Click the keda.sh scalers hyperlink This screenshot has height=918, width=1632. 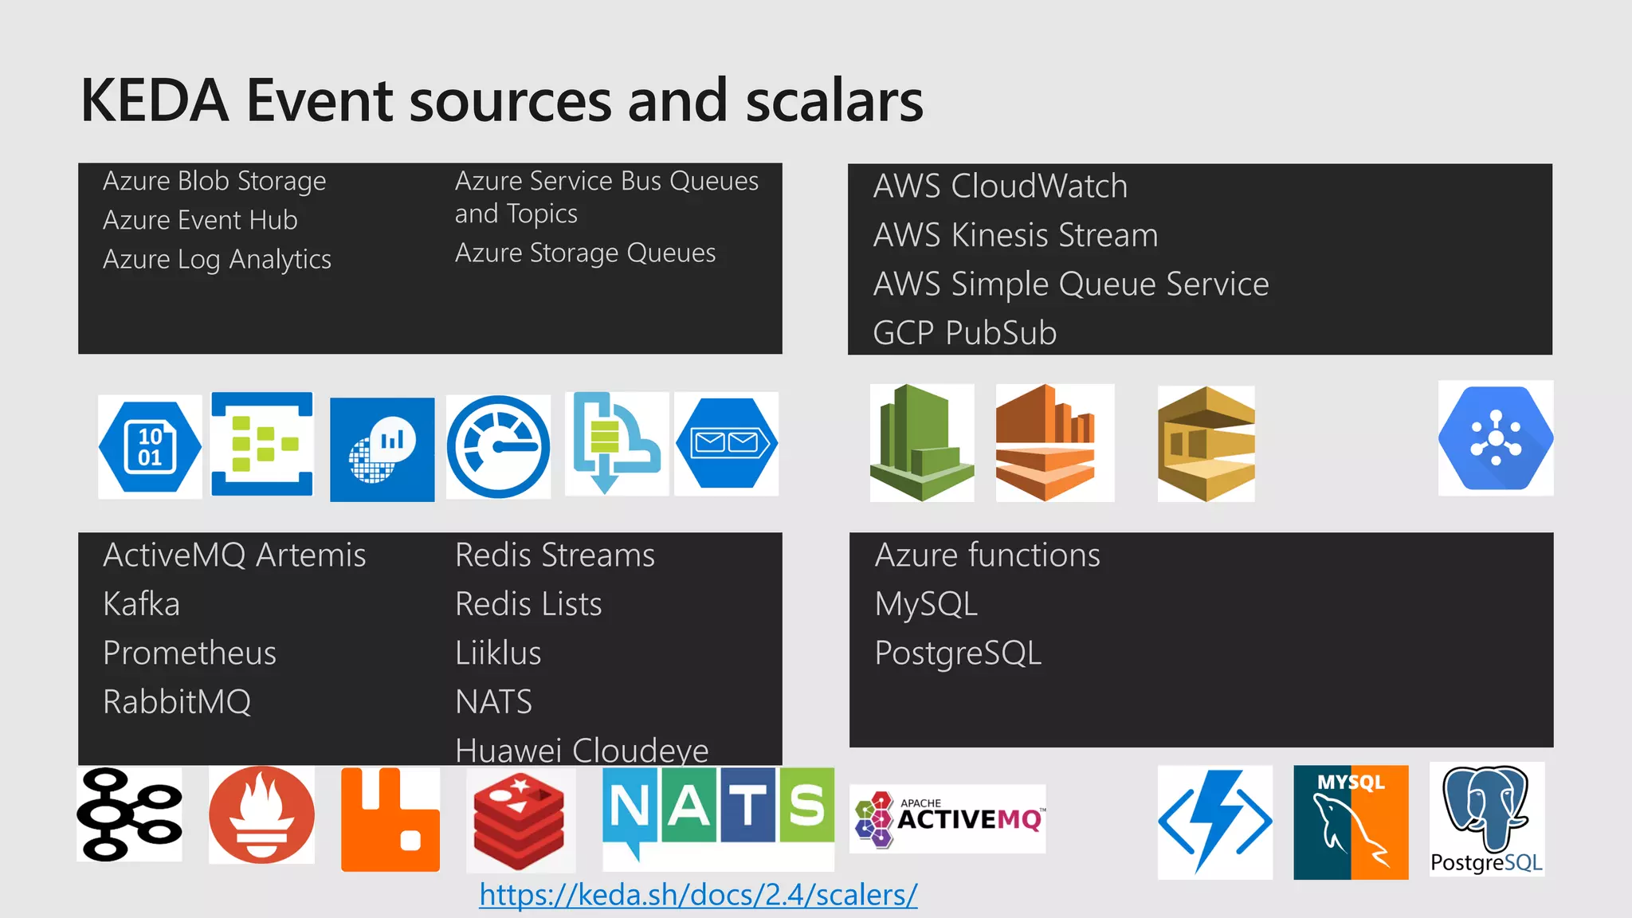[x=698, y=895]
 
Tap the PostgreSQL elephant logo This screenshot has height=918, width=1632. [x=1486, y=819]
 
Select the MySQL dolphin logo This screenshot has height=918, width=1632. [x=1351, y=822]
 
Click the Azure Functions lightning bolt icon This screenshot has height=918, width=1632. [x=1214, y=822]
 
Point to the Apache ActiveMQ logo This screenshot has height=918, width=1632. [x=947, y=819]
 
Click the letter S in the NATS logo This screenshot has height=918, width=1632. [x=806, y=804]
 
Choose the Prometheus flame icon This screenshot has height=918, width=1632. [x=261, y=815]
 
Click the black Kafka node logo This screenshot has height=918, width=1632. [x=129, y=814]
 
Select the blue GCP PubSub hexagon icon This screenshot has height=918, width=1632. [x=1496, y=438]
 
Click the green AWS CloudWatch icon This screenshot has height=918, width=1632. [x=922, y=443]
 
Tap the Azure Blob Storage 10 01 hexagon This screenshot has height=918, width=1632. [x=150, y=447]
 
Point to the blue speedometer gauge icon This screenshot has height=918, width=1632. [x=498, y=447]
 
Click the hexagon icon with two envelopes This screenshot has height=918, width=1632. [x=727, y=443]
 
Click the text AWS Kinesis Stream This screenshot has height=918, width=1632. [x=1015, y=235]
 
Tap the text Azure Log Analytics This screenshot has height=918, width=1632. [x=217, y=259]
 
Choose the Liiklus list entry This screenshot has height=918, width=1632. [x=498, y=653]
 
